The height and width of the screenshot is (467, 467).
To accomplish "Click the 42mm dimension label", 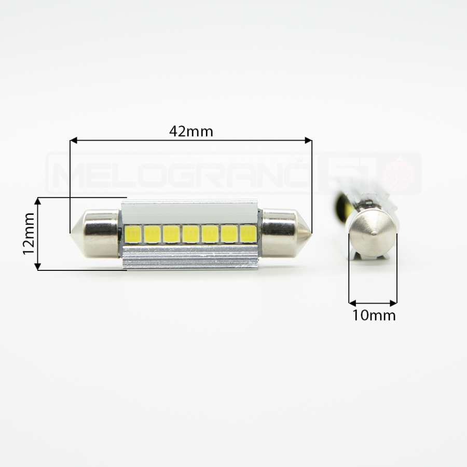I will (191, 132).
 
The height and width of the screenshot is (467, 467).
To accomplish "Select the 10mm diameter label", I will (374, 315).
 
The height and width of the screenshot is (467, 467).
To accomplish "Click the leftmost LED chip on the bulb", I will (133, 234).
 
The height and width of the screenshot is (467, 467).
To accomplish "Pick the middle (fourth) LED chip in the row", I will (190, 234).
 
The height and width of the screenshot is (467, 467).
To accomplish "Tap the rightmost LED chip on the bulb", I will (249, 234).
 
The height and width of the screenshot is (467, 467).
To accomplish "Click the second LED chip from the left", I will (152, 234).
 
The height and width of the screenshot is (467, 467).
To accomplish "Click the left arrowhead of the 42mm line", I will (73, 140).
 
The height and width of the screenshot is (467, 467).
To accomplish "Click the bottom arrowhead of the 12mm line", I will (37, 267).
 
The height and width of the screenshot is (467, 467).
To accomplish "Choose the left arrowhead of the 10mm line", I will (352, 303).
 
